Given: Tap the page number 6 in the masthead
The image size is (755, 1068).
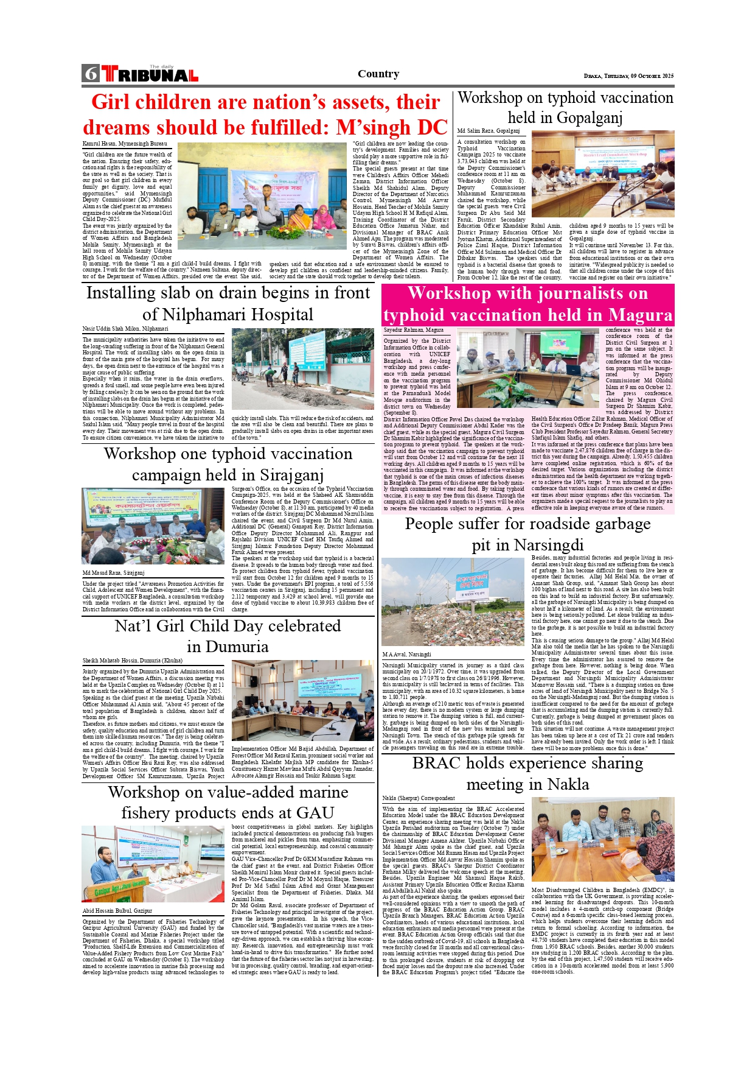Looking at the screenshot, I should [x=91, y=74].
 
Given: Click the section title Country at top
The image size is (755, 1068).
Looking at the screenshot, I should [x=378, y=74].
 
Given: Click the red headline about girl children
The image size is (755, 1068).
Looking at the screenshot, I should [x=265, y=114].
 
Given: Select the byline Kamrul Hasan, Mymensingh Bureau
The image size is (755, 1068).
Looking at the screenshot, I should [x=125, y=144].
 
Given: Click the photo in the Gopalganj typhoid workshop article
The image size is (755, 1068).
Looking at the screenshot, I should [x=602, y=174].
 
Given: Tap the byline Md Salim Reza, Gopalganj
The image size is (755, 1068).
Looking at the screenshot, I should [x=489, y=131].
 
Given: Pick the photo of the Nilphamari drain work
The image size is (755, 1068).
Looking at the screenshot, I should [x=302, y=369].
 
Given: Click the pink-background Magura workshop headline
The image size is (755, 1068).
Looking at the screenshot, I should [x=527, y=304].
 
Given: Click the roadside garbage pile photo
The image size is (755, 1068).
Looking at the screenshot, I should [x=453, y=602].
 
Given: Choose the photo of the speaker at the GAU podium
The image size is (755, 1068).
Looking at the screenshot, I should [x=153, y=864].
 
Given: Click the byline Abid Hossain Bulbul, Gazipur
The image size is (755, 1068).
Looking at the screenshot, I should [x=117, y=911].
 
